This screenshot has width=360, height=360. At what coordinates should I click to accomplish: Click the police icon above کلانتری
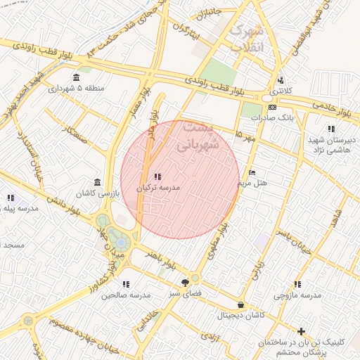pos(281,79)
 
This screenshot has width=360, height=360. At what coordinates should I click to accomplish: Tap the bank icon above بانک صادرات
pos(272,107)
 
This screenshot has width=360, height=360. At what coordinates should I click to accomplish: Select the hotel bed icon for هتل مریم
pos(252,173)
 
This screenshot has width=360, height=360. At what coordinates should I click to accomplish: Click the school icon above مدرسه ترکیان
pos(156,176)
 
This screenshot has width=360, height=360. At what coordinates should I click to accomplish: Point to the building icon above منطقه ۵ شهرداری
pos(76,77)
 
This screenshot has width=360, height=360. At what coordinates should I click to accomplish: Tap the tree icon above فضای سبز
pos(185,282)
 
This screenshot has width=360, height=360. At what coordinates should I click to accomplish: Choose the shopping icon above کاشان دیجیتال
pos(241,305)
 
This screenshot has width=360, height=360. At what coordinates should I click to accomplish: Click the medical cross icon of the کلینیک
pos(302,331)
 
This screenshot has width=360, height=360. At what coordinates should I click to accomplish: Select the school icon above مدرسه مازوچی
pos(297,284)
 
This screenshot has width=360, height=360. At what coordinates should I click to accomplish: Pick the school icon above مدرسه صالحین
pos(126,284)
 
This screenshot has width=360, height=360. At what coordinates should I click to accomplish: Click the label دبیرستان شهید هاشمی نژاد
pos(332,144)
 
